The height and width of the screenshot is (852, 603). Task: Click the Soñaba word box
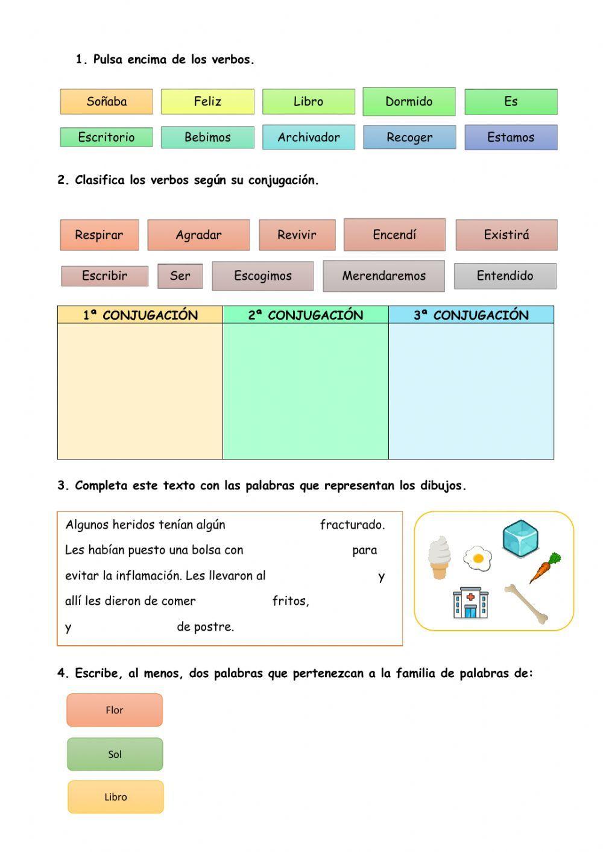[106, 101]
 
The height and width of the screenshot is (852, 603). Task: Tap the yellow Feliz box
[207, 101]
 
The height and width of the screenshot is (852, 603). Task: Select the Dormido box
[409, 101]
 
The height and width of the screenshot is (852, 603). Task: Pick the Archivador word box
[308, 137]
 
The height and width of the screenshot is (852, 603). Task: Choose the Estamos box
[511, 137]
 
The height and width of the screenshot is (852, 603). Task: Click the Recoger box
[409, 137]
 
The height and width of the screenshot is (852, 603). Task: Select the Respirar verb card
[99, 235]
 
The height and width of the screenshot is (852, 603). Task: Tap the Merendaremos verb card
[384, 276]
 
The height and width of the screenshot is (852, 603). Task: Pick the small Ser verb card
[180, 276]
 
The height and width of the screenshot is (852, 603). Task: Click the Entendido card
[505, 276]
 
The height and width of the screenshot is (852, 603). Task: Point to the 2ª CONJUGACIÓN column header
[306, 315]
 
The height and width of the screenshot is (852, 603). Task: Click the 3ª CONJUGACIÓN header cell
[471, 315]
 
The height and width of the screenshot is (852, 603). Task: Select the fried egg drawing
[478, 558]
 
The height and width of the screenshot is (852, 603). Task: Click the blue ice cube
[520, 538]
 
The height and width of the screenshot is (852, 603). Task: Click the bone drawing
[527, 603]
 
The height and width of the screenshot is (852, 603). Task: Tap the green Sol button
[115, 754]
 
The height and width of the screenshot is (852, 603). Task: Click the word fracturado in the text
[352, 525]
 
